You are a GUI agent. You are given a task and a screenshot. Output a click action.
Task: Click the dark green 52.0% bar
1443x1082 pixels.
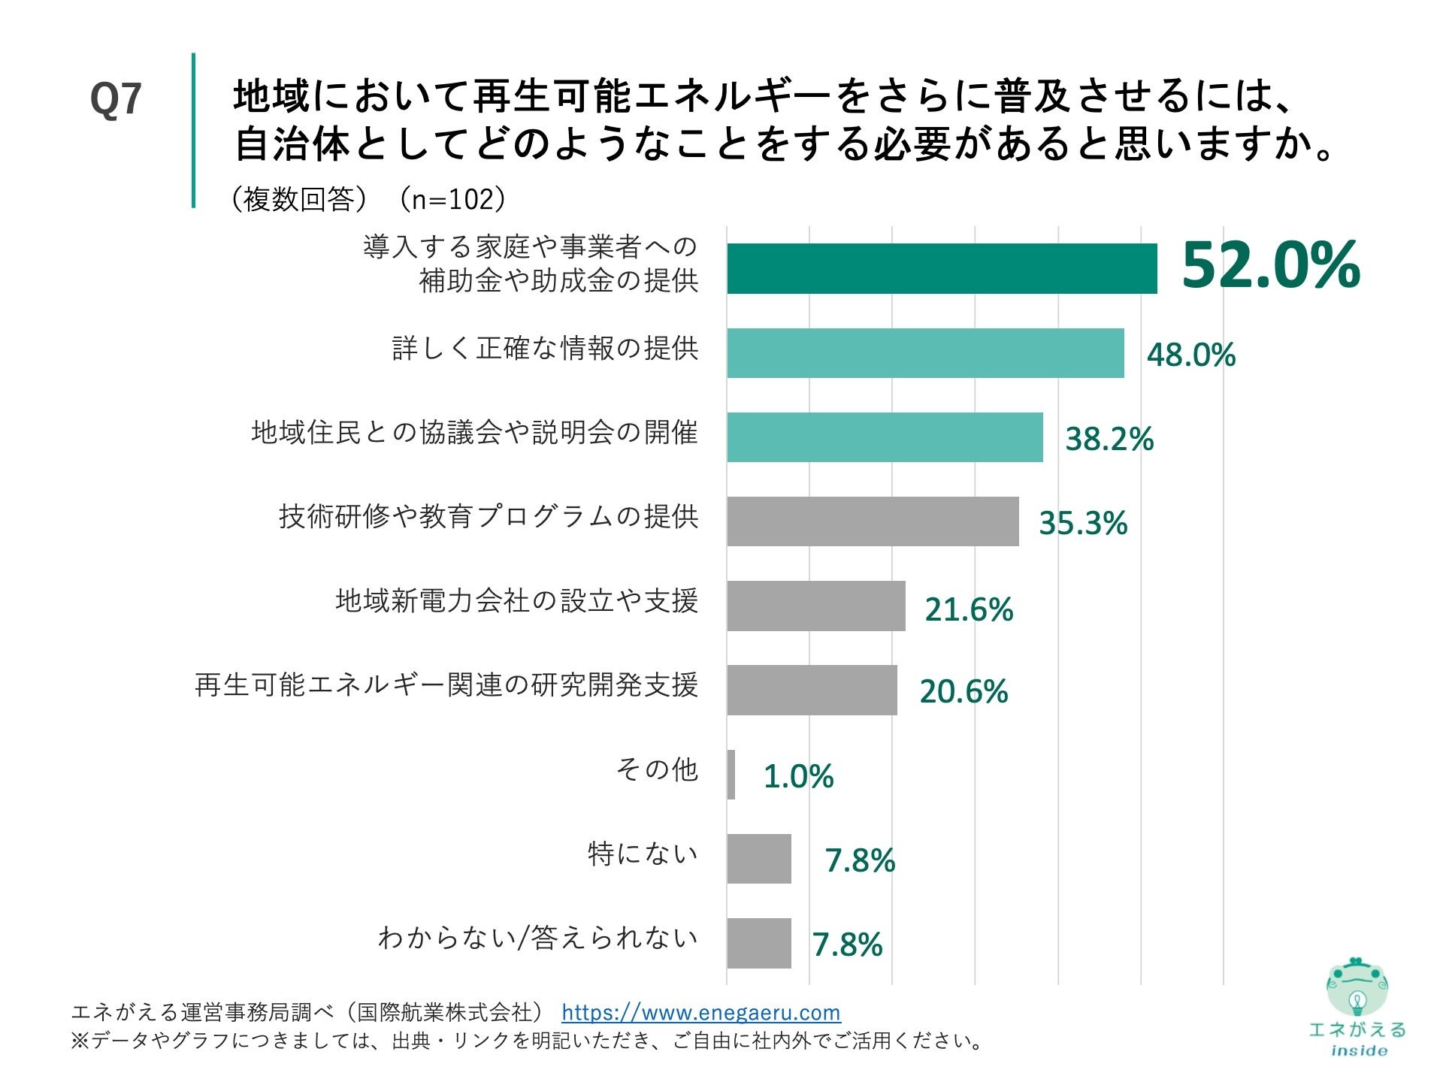pos(941,268)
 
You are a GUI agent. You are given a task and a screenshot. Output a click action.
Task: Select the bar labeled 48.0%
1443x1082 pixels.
pos(924,352)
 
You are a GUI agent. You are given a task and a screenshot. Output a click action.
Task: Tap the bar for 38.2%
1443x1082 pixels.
pos(884,437)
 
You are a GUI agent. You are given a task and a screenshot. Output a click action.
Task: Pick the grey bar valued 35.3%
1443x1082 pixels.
pos(872,521)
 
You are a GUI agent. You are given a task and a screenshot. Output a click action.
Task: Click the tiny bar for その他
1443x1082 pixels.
pos(731,774)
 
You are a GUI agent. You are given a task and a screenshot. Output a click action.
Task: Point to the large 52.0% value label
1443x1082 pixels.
pos(1270,265)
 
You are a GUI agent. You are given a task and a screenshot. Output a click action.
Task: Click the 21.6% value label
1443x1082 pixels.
pos(968,609)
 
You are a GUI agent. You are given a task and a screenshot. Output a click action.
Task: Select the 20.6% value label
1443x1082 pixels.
pos(963,691)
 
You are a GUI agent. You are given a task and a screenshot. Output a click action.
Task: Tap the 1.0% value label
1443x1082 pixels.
pos(797,776)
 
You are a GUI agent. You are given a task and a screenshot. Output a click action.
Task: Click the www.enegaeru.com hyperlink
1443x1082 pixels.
pos(700,1012)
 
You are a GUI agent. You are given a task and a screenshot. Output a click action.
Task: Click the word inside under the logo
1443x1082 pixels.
pos(1359,1050)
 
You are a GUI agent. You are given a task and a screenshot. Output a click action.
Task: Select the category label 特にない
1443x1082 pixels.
pos(643,854)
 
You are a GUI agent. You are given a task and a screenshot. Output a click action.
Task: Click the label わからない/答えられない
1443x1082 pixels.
pos(537,938)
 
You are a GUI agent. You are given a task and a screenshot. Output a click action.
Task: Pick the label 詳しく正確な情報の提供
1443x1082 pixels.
pos(545,349)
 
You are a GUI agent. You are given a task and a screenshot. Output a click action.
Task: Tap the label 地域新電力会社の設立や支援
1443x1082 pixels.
pos(517,601)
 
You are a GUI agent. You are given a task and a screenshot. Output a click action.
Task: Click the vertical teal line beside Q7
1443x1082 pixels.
pos(193,130)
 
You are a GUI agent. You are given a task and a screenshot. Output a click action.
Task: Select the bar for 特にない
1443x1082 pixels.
pos(758,858)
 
